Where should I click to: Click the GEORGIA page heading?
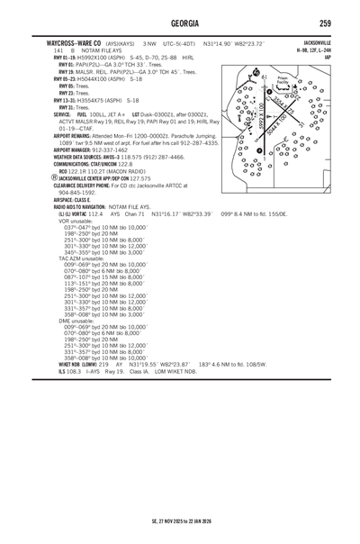click(x=180, y=22)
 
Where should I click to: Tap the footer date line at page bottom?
click(x=180, y=521)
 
